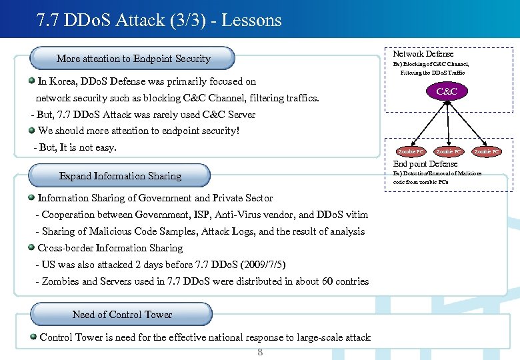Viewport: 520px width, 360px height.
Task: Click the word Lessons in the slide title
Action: pyautogui.click(x=251, y=21)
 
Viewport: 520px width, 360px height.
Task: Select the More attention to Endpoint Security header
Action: pyautogui.click(x=133, y=59)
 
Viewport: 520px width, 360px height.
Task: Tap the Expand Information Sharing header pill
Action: pyautogui.click(x=120, y=176)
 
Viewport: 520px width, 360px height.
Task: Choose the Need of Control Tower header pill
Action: pyautogui.click(x=122, y=315)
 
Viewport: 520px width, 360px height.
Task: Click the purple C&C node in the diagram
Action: pyautogui.click(x=447, y=91)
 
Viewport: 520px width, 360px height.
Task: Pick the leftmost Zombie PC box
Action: pyautogui.click(x=411, y=152)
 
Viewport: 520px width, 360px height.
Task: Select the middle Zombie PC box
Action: pyautogui.click(x=448, y=152)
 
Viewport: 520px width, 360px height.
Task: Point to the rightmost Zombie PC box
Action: pyautogui.click(x=487, y=152)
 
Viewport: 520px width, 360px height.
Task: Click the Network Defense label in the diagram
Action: pyautogui.click(x=423, y=54)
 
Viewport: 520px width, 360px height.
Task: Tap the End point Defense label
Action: pyautogui.click(x=425, y=164)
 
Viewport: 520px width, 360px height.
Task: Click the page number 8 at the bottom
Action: pyautogui.click(x=260, y=352)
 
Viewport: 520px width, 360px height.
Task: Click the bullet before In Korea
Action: pyautogui.click(x=32, y=81)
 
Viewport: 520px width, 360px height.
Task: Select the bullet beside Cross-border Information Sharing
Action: pyautogui.click(x=32, y=247)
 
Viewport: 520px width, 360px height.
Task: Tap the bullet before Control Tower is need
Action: pyautogui.click(x=33, y=337)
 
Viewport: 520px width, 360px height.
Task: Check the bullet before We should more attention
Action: pyautogui.click(x=32, y=130)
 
